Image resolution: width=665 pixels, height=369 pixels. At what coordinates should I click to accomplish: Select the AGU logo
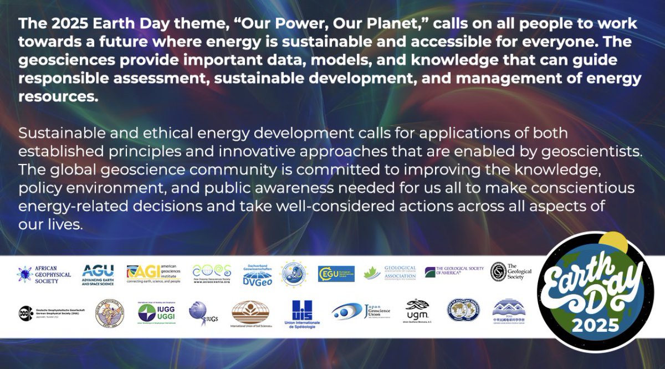pos(98,274)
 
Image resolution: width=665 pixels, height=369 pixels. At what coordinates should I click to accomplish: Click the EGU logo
pos(336,274)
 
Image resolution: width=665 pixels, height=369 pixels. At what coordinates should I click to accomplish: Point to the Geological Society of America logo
pos(454,272)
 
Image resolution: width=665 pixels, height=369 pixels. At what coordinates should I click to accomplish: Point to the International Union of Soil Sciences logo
pos(250,314)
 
